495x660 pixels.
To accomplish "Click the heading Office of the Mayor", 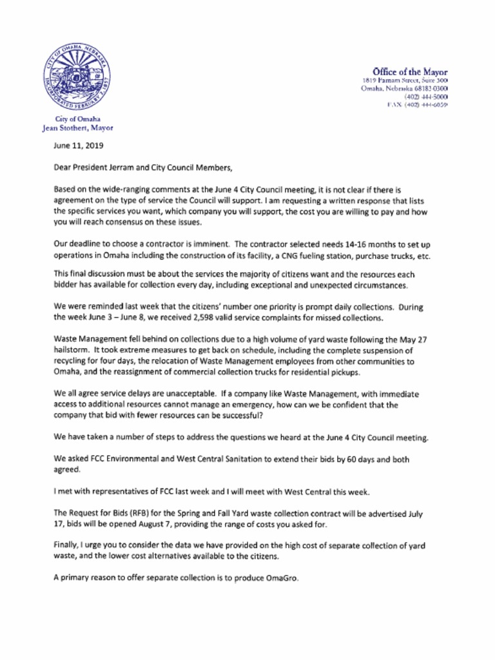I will pyautogui.click(x=410, y=72).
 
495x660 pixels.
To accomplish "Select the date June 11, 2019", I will pyautogui.click(x=79, y=146).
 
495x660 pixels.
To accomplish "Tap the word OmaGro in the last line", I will pyautogui.click(x=282, y=578).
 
